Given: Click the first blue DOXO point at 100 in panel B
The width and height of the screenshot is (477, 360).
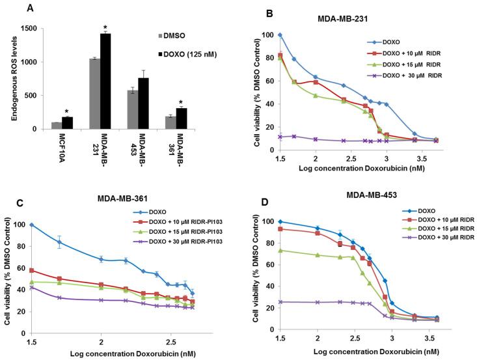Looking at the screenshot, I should click(x=280, y=35).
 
